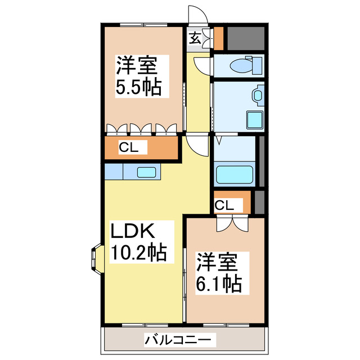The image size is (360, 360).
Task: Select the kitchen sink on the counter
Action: [147, 172]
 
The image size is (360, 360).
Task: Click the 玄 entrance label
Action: [195, 39]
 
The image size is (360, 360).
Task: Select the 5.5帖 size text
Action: [138, 88]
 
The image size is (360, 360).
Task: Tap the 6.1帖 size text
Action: [219, 282]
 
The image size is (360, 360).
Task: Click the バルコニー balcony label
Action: [179, 340]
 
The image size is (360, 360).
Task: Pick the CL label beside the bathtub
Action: [224, 205]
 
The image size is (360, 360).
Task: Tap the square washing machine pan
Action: [254, 119]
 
